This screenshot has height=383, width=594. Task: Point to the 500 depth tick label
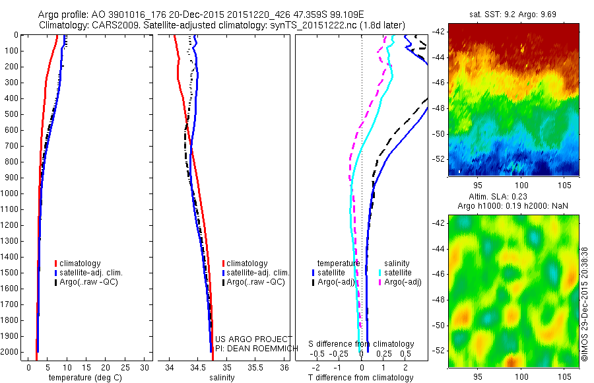tap(12, 114)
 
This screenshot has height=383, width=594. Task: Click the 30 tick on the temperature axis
tap(145, 366)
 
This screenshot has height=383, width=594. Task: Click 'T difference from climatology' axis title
tap(361, 378)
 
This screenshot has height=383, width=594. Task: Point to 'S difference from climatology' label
tap(361, 344)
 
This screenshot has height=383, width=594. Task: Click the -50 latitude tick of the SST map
tap(440, 133)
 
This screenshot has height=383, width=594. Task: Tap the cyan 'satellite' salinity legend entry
tap(398, 272)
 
